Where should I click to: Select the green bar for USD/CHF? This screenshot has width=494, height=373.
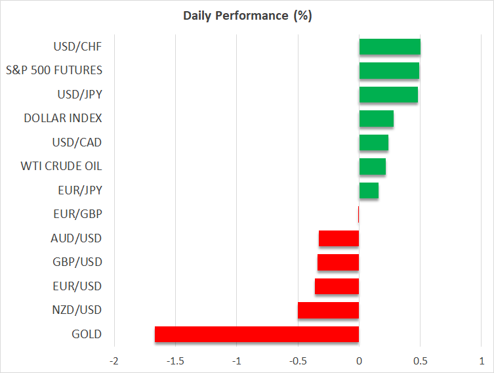click(390, 47)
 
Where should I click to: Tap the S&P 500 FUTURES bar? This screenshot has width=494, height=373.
click(389, 70)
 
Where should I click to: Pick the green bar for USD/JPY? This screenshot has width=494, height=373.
click(388, 95)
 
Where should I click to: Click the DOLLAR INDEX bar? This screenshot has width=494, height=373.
click(376, 118)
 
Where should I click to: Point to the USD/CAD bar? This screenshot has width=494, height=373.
click(373, 143)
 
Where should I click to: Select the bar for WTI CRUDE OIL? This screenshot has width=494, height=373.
click(372, 166)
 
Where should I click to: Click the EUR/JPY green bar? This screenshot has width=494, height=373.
click(369, 190)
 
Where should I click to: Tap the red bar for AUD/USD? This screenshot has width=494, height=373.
click(339, 238)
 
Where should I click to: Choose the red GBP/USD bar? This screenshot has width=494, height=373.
click(338, 262)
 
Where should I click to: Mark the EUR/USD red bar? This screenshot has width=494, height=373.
click(337, 286)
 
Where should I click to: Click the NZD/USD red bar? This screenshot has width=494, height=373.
click(328, 310)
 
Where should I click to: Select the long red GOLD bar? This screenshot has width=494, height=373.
click(257, 334)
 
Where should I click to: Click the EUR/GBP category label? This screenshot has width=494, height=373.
click(77, 214)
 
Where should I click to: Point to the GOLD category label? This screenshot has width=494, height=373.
click(87, 334)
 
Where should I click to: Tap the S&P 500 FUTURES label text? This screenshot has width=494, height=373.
click(54, 70)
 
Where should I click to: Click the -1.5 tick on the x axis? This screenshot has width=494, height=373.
click(175, 361)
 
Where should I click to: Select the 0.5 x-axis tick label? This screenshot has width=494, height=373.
click(421, 361)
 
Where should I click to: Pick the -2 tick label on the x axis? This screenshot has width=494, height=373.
click(114, 361)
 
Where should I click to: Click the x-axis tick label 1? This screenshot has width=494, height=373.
click(482, 361)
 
